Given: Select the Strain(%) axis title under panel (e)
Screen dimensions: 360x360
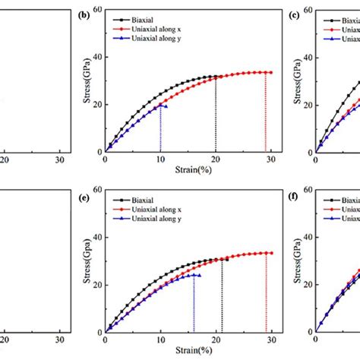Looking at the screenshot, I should (x=188, y=350).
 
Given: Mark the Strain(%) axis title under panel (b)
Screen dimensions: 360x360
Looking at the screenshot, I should (x=188, y=169).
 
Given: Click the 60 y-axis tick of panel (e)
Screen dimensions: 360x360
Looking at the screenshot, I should (x=96, y=191).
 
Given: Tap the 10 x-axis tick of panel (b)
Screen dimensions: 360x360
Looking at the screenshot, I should (x=160, y=159).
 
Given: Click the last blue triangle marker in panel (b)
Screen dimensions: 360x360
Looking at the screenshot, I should (x=165, y=106).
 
